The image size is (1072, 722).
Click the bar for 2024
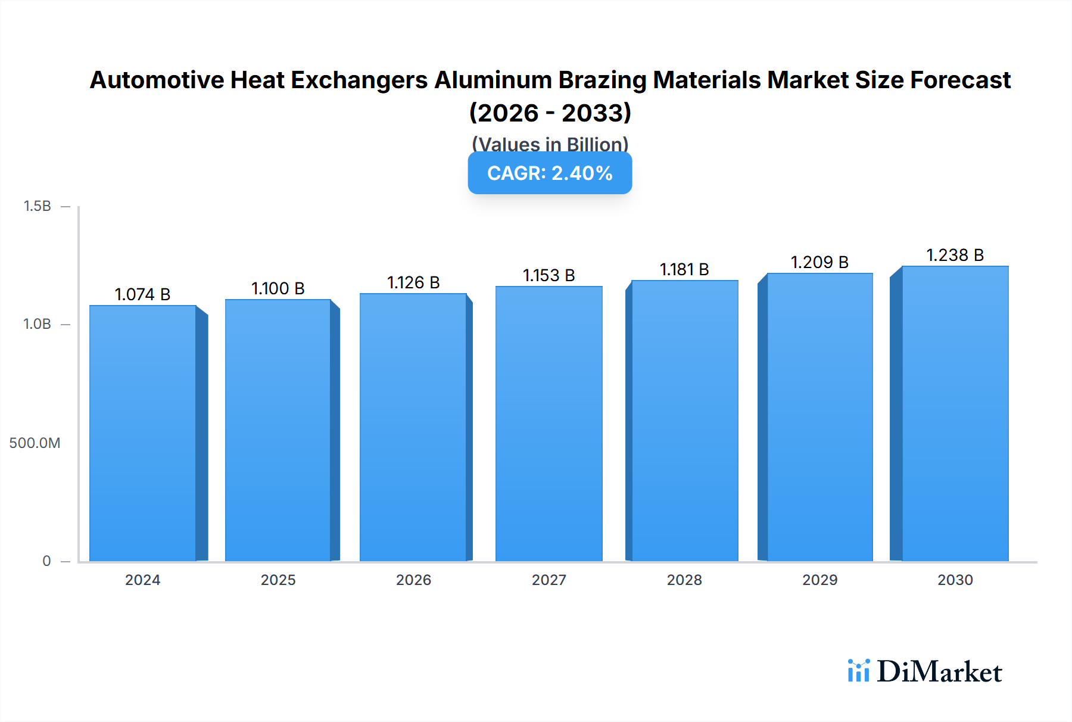point(143,433)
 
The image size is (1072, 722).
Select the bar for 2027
point(549,424)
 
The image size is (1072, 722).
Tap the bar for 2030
point(955,413)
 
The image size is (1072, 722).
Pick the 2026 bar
point(413,427)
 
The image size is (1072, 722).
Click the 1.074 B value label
point(142,294)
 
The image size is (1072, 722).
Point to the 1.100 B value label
point(278,288)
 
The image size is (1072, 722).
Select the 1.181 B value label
point(684,269)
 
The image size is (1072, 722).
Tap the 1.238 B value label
point(955,255)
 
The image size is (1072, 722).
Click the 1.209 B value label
point(819,262)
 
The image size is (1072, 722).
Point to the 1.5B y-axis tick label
point(37,206)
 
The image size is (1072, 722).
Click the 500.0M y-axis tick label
point(35,443)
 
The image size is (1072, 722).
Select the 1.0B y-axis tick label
point(37,324)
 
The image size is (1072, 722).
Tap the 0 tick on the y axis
point(46,561)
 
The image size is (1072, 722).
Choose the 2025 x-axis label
point(278,580)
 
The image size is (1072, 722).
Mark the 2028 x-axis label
point(684,580)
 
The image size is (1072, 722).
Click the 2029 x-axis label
point(819,580)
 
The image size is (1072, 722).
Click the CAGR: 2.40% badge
point(550,173)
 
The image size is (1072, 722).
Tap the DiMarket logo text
point(939,672)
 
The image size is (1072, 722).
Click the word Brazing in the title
point(602,80)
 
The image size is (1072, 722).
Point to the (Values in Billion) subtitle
point(550,144)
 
